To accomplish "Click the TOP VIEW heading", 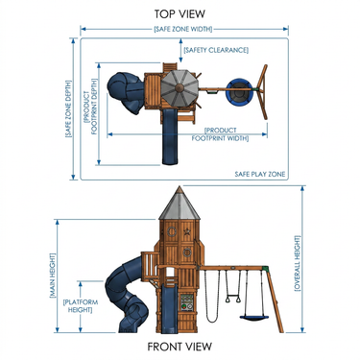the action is point(180,14).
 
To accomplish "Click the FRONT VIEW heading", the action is point(180,347).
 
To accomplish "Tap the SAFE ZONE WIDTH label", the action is point(183,29).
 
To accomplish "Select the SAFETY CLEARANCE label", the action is point(216,50).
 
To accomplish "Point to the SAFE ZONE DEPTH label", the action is point(68,108).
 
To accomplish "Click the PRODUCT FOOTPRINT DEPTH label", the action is point(90,107).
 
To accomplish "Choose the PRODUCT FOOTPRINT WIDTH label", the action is point(221,134).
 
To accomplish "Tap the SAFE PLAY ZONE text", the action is point(260,174).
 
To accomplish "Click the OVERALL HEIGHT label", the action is point(298,263).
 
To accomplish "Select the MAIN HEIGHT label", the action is point(53,276).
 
